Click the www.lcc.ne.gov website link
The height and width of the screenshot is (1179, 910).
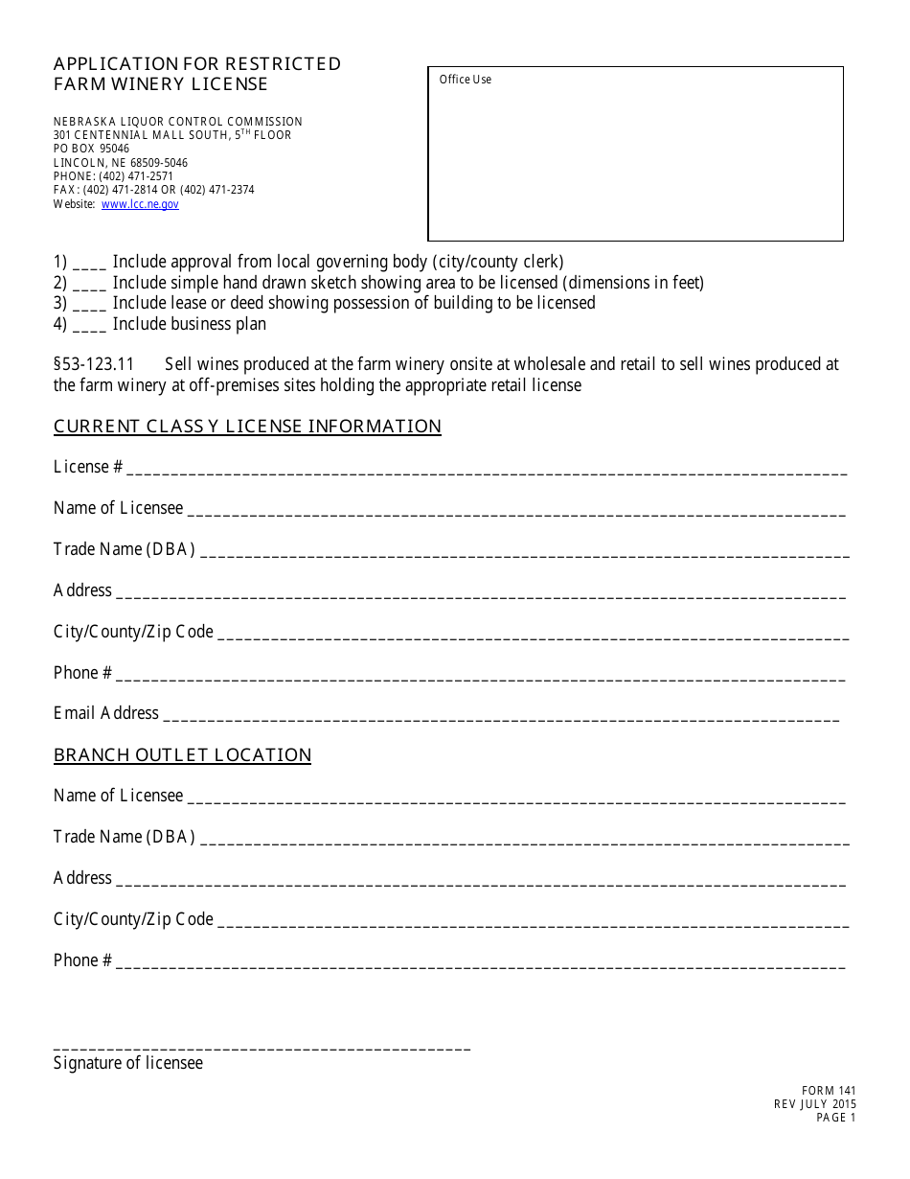click(x=140, y=204)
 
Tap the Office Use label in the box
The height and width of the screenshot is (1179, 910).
click(x=465, y=80)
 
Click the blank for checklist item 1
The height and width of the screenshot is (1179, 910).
click(x=89, y=264)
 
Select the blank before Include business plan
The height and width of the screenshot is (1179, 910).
click(x=89, y=326)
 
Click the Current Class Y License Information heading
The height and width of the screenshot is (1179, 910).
click(x=247, y=427)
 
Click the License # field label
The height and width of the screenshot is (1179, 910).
click(x=87, y=467)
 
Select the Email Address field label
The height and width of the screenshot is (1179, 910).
click(x=105, y=713)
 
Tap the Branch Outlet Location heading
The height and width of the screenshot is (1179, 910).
click(x=182, y=755)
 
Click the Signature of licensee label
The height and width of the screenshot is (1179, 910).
click(x=127, y=1063)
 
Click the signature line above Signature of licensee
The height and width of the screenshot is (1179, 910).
click(x=262, y=1049)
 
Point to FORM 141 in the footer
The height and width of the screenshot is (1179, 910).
click(x=829, y=1091)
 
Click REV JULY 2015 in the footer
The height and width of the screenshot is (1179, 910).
click(x=815, y=1104)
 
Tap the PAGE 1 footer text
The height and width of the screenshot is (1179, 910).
click(x=835, y=1118)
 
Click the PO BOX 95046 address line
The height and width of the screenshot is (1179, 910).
click(x=91, y=150)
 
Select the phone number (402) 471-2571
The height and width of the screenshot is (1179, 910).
click(x=136, y=176)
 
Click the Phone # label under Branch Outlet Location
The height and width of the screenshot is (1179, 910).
click(x=82, y=960)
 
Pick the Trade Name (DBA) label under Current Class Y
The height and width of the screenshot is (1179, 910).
click(x=124, y=549)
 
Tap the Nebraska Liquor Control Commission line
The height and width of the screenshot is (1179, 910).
click(x=177, y=122)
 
